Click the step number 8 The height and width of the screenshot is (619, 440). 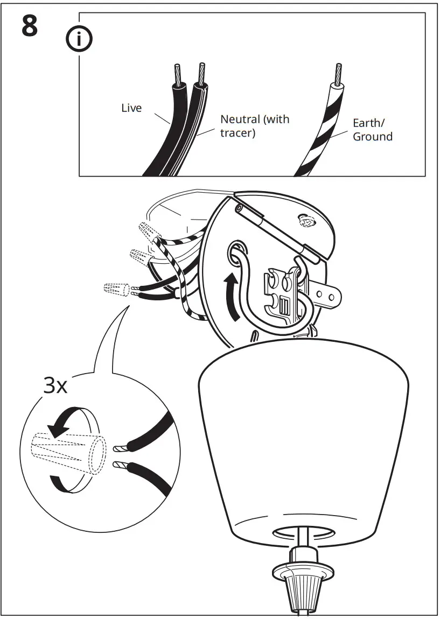pyautogui.click(x=30, y=26)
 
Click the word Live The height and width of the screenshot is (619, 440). pyautogui.click(x=131, y=108)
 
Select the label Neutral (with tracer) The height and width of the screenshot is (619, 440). pyautogui.click(x=254, y=125)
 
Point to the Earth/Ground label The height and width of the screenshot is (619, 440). pyautogui.click(x=372, y=130)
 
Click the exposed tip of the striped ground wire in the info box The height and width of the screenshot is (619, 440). pyautogui.click(x=338, y=73)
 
